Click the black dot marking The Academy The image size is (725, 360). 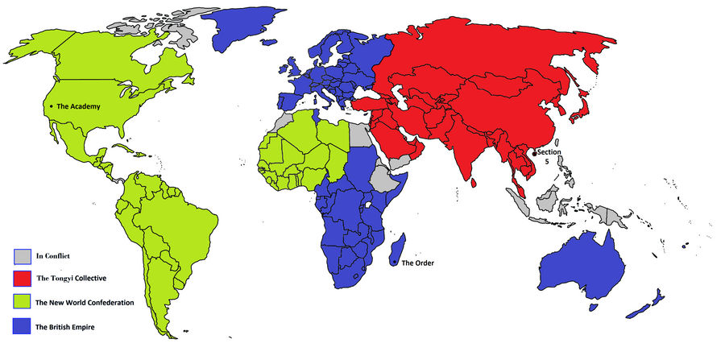click(x=51, y=107)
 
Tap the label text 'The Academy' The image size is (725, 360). click(x=80, y=107)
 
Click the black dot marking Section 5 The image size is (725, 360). click(x=534, y=153)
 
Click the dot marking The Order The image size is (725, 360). click(x=394, y=263)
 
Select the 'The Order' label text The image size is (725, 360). click(x=417, y=263)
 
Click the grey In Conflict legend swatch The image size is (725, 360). click(x=23, y=256)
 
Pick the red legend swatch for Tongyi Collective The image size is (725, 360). click(x=23, y=279)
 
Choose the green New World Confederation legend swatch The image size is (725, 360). click(x=23, y=303)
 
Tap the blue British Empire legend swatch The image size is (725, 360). click(x=23, y=325)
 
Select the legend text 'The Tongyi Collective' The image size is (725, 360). click(x=72, y=279)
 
